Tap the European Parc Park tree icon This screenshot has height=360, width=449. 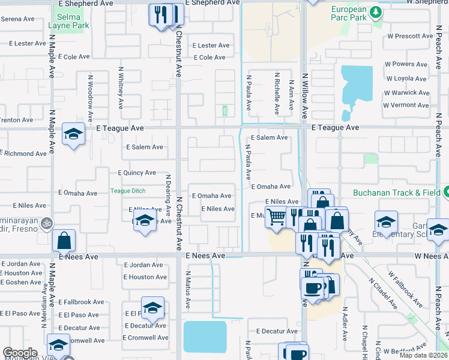[376, 11]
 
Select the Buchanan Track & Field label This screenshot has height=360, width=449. [396, 193]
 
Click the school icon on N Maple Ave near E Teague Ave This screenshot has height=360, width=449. [73, 134]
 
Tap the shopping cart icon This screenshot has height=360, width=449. [276, 217]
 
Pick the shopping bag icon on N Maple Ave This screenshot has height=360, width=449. [64, 241]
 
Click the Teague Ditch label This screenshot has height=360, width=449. [128, 191]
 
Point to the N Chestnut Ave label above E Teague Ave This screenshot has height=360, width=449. [178, 54]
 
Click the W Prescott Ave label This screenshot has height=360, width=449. [410, 36]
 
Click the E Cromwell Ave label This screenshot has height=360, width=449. [145, 337]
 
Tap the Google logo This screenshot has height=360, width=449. [19, 353]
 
